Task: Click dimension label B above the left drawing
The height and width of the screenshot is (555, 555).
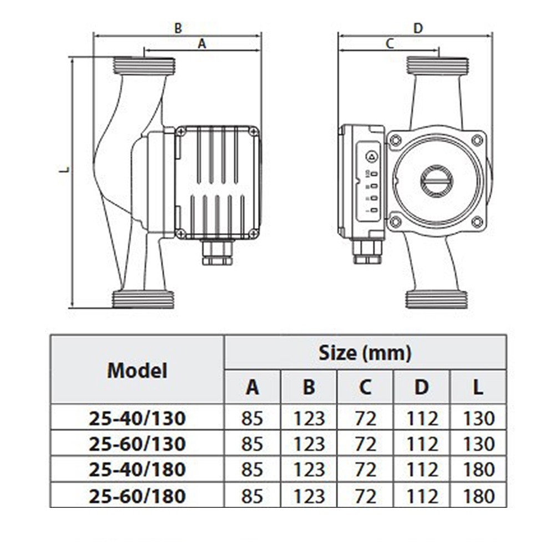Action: (x=178, y=28)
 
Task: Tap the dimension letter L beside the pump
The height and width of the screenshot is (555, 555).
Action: (x=65, y=169)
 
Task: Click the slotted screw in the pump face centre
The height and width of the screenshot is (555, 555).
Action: (x=436, y=181)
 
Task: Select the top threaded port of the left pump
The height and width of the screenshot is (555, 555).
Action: (x=144, y=66)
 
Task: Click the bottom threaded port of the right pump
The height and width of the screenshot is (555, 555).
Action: (x=438, y=300)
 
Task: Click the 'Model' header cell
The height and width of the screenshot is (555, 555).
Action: (x=137, y=370)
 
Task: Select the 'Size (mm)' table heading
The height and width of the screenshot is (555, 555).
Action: (x=365, y=352)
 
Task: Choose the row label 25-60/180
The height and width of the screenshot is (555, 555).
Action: (x=137, y=495)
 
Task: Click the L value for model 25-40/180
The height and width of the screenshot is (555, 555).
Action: (x=477, y=470)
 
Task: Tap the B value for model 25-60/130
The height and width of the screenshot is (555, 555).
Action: (x=309, y=444)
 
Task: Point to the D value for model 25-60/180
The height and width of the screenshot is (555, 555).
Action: (x=422, y=495)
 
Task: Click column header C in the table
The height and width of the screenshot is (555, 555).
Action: (x=365, y=387)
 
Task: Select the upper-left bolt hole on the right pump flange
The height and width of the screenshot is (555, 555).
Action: (x=396, y=140)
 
